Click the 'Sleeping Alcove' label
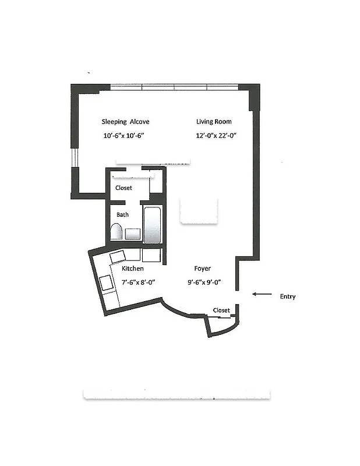pyautogui.click(x=125, y=122)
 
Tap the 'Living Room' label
pyautogui.click(x=213, y=122)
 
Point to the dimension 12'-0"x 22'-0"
pyautogui.click(x=216, y=136)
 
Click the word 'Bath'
pyautogui.click(x=122, y=214)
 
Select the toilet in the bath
pyautogui.click(x=116, y=232)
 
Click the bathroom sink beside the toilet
pyautogui.click(x=133, y=234)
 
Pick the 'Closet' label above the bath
pyautogui.click(x=123, y=188)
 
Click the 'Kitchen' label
pyautogui.click(x=133, y=269)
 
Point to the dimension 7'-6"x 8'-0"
pyautogui.click(x=137, y=282)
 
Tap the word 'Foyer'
pyautogui.click(x=202, y=269)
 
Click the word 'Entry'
pyautogui.click(x=287, y=296)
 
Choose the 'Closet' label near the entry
pyautogui.click(x=221, y=310)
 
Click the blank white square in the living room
pyautogui.click(x=200, y=210)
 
